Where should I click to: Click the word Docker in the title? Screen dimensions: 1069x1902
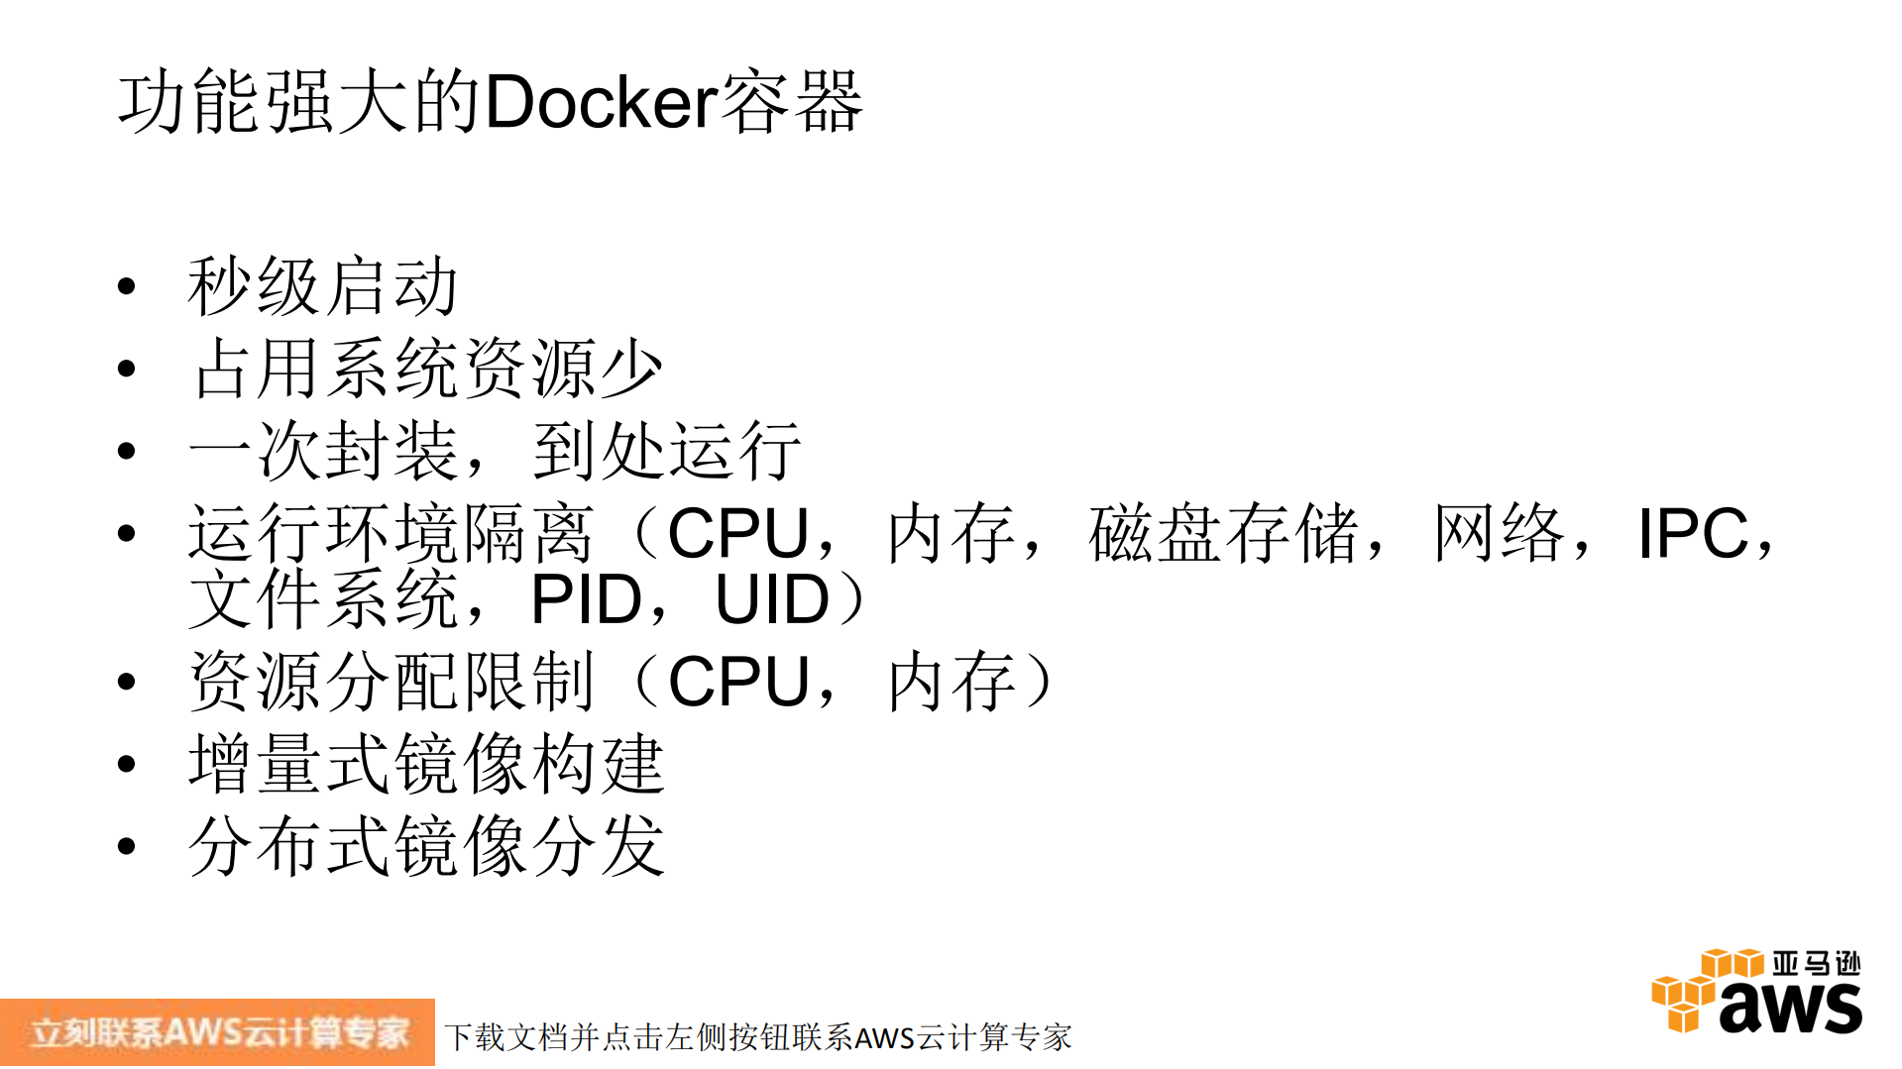pos(601,102)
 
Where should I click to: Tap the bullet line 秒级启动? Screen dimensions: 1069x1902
pos(322,287)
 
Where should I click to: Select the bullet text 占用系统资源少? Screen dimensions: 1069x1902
pos(427,370)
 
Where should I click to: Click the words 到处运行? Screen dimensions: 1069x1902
pos(666,452)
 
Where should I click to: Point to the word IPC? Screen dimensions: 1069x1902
pos(1692,534)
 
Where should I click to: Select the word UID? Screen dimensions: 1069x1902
pos(771,600)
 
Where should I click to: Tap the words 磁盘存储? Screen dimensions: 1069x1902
pos(1223,534)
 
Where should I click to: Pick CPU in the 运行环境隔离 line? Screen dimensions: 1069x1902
pos(738,534)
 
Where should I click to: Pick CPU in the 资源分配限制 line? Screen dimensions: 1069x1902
pos(738,683)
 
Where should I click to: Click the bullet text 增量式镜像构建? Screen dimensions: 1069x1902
pos(426,765)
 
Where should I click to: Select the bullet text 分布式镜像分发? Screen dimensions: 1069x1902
pos(426,847)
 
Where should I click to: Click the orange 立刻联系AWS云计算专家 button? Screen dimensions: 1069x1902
pos(217,1032)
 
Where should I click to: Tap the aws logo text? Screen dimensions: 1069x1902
pos(1790,1006)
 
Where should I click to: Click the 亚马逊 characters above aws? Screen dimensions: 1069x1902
pos(1816,963)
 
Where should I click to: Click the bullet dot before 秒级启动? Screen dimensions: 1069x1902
pos(126,287)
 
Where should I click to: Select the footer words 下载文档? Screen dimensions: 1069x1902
pos(505,1037)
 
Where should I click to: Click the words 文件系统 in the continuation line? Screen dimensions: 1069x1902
pos(323,600)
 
